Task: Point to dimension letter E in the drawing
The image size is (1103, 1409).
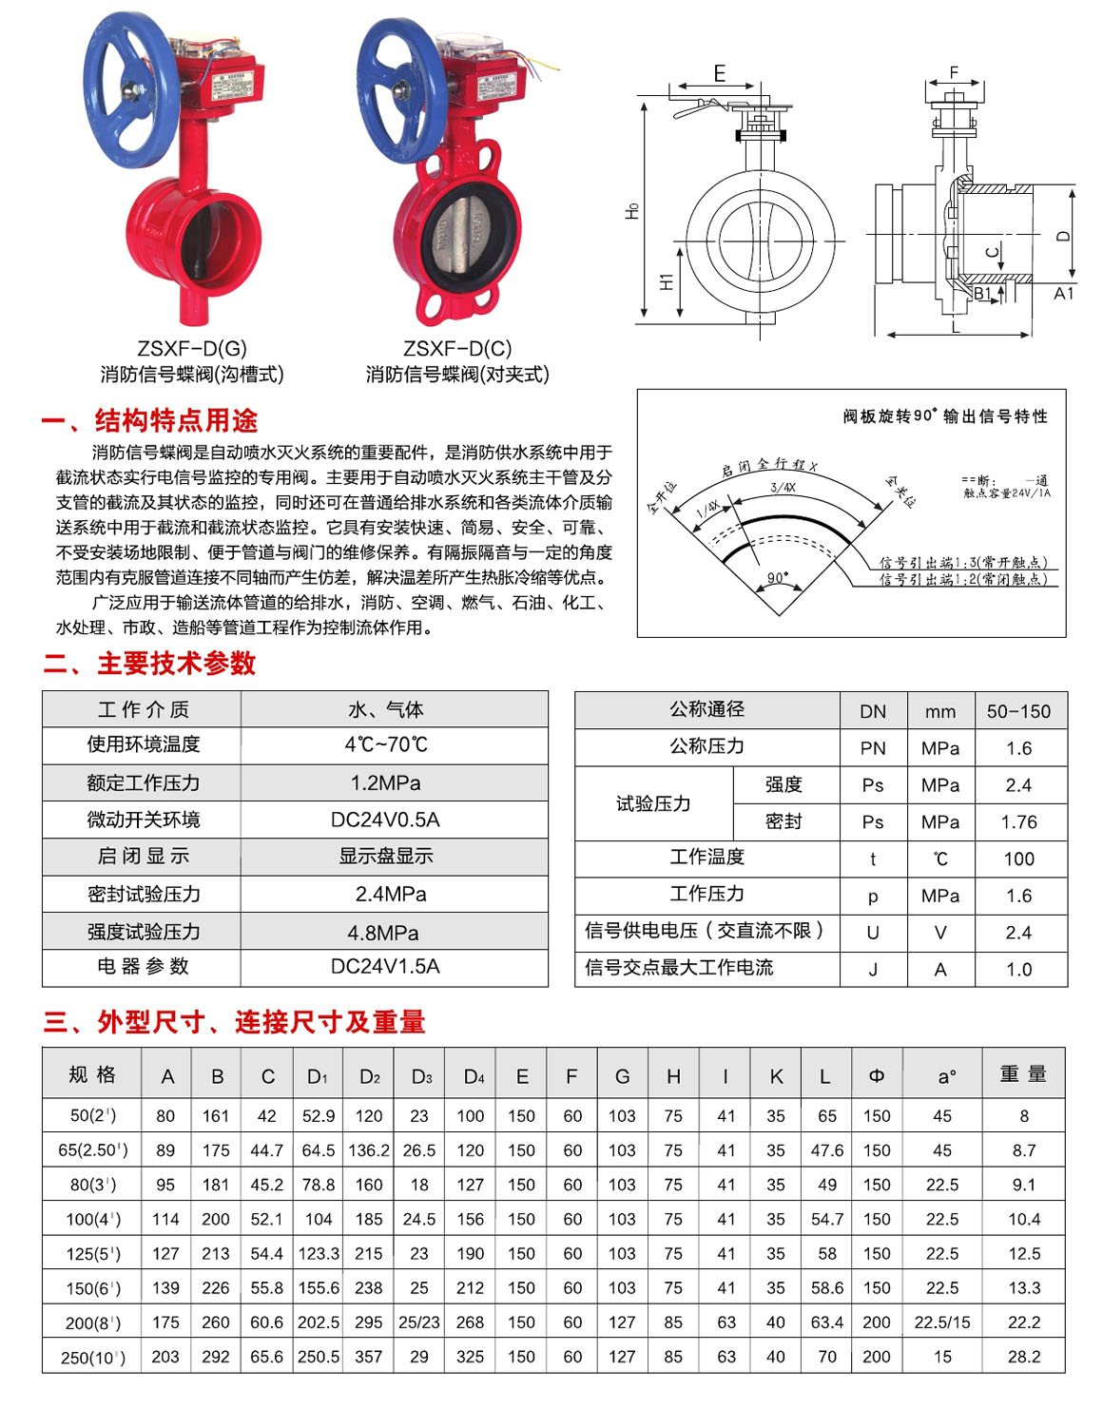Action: tap(719, 74)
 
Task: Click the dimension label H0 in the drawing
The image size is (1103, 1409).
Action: tap(632, 211)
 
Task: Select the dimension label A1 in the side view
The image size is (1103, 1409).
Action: tap(1063, 294)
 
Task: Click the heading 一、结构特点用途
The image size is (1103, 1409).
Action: tap(149, 420)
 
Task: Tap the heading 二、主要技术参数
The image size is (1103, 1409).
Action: tap(149, 664)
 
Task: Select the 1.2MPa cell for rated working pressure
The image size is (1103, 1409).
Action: tap(385, 783)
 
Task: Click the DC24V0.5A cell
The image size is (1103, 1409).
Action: tap(385, 820)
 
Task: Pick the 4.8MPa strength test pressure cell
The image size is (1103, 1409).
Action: tap(385, 933)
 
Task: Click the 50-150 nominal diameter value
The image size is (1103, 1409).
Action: tap(1018, 711)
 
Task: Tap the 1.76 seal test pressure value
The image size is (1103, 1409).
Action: tap(1018, 822)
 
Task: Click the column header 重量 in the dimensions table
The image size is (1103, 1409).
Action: tap(1023, 1074)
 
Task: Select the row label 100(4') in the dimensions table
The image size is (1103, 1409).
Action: tap(92, 1219)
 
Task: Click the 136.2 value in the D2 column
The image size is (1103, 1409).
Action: tap(369, 1150)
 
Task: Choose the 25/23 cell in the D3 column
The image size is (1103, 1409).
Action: tap(419, 1322)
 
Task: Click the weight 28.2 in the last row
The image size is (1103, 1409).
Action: tap(1023, 1357)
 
